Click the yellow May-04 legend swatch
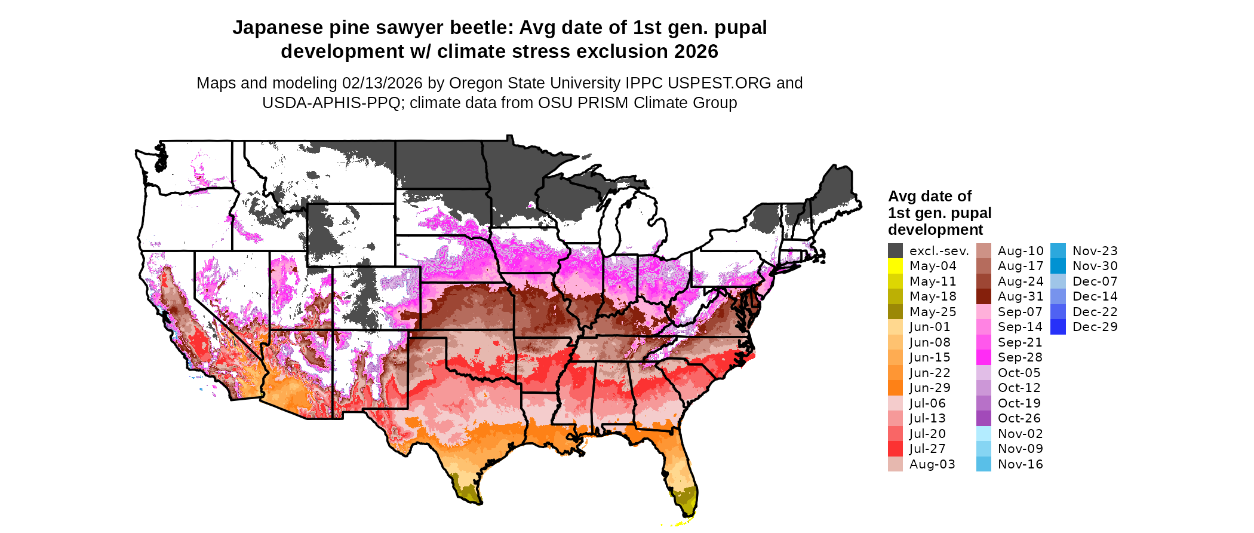895,266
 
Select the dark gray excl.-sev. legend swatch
895,251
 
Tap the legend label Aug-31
1021,296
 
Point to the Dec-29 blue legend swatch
1058,327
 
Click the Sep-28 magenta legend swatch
983,357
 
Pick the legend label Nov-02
1021,434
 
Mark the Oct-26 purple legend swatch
983,418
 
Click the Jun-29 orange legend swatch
895,388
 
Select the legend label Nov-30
1095,266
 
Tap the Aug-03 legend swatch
895,464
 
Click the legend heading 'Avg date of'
929,196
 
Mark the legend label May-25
933,312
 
